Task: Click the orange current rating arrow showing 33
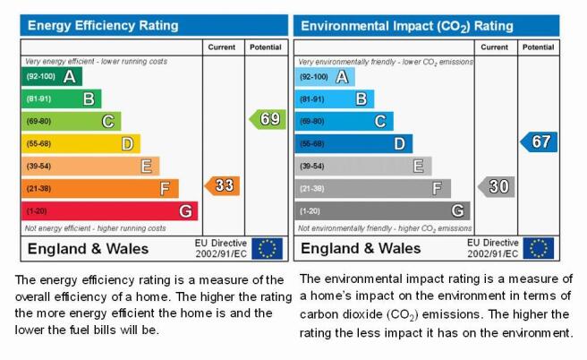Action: point(223,185)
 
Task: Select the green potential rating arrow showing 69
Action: point(268,119)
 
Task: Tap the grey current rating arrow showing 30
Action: point(497,186)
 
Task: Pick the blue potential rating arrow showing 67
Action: point(539,142)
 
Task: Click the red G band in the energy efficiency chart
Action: point(110,211)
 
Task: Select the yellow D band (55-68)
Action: point(81,144)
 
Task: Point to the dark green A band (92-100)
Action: point(52,76)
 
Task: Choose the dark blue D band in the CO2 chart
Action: point(353,144)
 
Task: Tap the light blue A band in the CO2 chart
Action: point(325,77)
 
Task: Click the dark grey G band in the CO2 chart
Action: point(382,211)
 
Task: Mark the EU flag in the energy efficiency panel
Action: point(267,248)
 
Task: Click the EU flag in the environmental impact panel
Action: point(539,248)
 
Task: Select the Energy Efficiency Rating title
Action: point(103,25)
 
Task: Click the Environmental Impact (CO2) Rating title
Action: point(407,26)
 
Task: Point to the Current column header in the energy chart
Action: point(222,47)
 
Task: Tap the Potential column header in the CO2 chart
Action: point(538,47)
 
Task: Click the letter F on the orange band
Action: point(165,188)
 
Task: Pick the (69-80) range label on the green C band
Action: point(38,122)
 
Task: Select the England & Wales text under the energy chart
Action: point(88,249)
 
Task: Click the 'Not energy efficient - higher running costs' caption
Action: point(95,228)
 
